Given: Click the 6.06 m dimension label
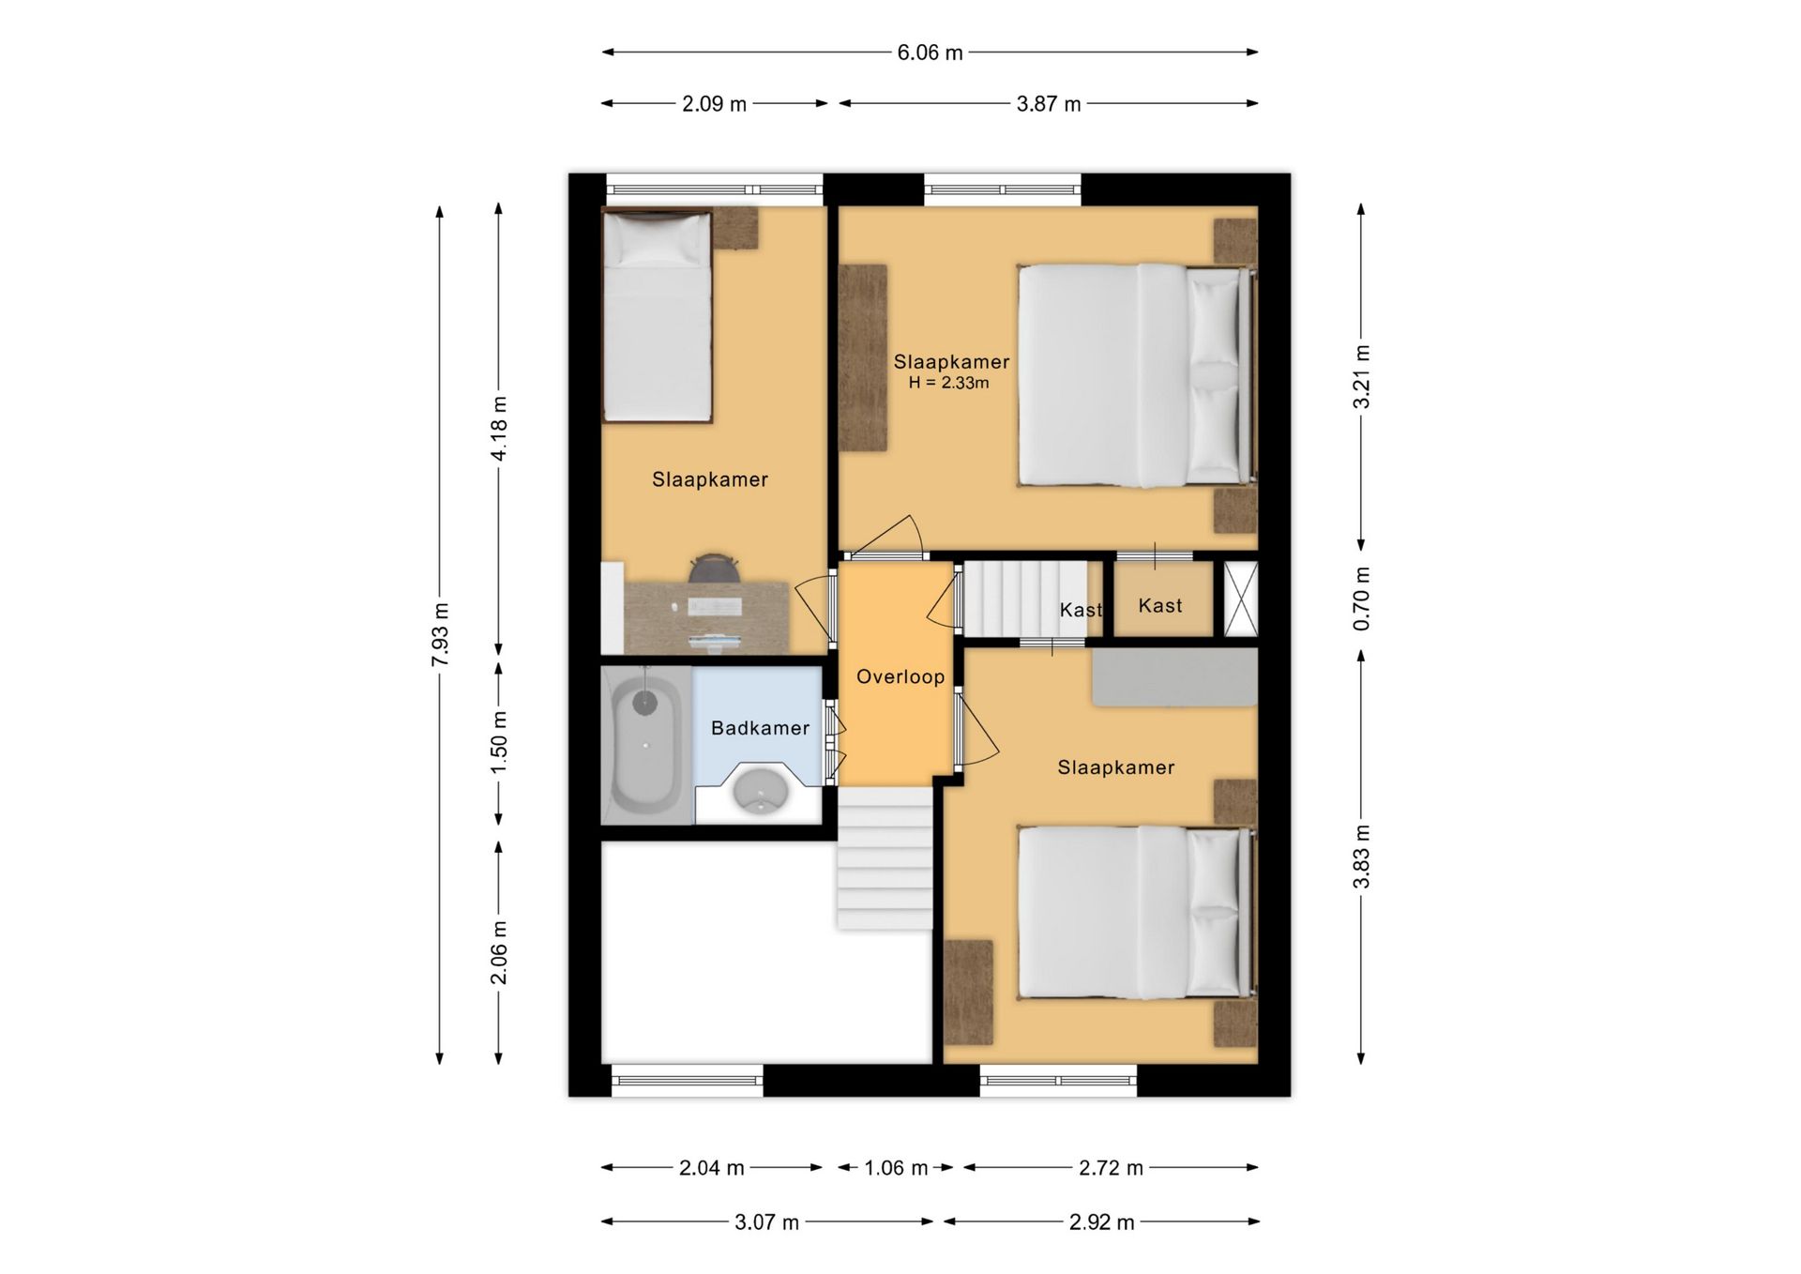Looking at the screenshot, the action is click(x=930, y=53).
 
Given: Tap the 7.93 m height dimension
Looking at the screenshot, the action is click(x=440, y=635).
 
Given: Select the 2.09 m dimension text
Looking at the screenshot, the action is click(x=714, y=104).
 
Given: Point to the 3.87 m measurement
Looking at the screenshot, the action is click(x=1049, y=104).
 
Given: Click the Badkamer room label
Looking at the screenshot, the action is click(x=760, y=728).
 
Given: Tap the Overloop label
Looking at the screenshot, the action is click(x=900, y=676).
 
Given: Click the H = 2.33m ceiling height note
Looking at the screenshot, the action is click(x=948, y=383).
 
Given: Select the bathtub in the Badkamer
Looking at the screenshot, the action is click(x=645, y=746).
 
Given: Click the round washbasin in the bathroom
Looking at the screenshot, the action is click(x=760, y=790).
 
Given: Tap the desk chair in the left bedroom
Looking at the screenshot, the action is click(x=715, y=568).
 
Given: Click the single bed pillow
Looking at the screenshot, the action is click(x=657, y=238).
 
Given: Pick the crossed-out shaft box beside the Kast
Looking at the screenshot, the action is click(x=1240, y=599).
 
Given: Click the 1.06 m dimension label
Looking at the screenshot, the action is click(x=895, y=1168).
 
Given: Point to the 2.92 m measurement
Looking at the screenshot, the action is click(x=1101, y=1222).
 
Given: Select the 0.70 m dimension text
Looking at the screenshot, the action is click(x=1362, y=599).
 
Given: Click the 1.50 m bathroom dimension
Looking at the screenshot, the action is click(x=499, y=742).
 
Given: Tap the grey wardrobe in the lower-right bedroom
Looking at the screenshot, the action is click(x=1174, y=676).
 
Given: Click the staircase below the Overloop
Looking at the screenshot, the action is click(x=885, y=857).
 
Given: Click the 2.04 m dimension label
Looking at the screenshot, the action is click(x=711, y=1168).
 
